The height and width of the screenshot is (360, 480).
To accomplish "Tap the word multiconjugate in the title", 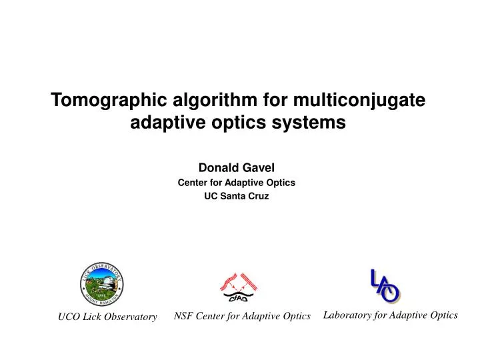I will [357, 101].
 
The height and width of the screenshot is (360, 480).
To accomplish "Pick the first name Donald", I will [218, 168].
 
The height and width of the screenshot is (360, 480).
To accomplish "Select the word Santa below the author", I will [237, 197].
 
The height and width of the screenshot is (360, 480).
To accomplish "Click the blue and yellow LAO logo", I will [385, 285].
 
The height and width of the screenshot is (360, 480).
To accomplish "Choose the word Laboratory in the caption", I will [347, 315].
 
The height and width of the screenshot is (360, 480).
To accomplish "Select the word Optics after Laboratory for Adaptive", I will [443, 315].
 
